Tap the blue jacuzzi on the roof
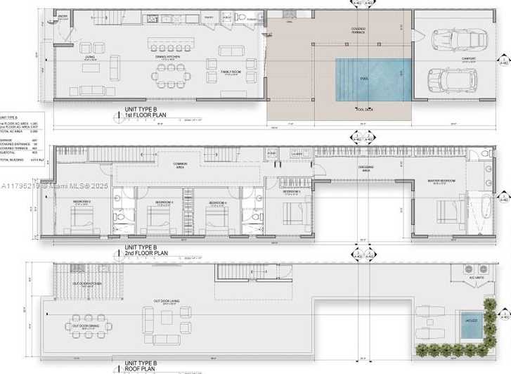(x=470, y=324)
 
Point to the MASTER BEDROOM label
(x=441, y=181)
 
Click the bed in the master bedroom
(x=444, y=210)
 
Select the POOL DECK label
(x=363, y=109)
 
